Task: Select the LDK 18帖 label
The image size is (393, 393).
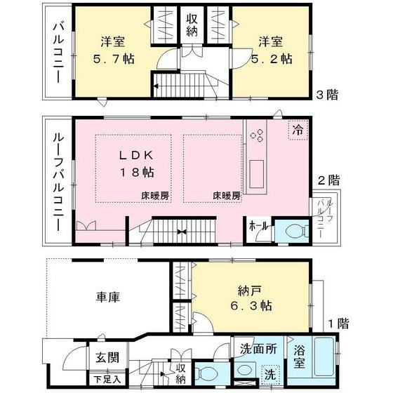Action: (x=133, y=163)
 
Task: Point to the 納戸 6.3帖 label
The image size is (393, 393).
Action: (x=249, y=298)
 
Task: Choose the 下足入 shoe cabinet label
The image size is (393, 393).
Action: (x=107, y=379)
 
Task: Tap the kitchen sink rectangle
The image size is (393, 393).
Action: (x=257, y=171)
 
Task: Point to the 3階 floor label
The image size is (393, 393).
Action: (x=326, y=95)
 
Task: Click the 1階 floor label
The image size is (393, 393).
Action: (x=338, y=324)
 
